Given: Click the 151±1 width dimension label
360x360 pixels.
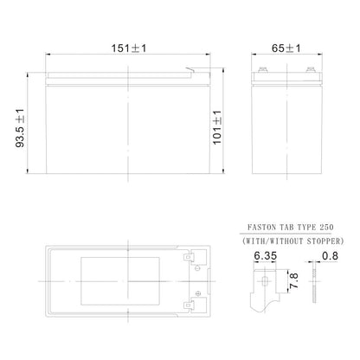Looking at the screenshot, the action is pyautogui.click(x=129, y=48).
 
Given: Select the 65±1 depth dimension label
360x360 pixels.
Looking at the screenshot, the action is pyautogui.click(x=286, y=48).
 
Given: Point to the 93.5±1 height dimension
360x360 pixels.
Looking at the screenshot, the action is pyautogui.click(x=20, y=128).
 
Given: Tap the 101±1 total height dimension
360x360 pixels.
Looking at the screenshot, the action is pyautogui.click(x=217, y=127).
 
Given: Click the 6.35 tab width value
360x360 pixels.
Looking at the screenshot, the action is pyautogui.click(x=266, y=255).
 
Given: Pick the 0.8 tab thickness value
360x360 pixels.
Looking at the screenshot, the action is pyautogui.click(x=330, y=255).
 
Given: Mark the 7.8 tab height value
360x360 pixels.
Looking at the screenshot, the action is pyautogui.click(x=294, y=280).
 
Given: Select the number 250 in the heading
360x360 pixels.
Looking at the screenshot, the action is pyautogui.click(x=326, y=228).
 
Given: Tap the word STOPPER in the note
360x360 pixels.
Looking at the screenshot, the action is pyautogui.click(x=324, y=241).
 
